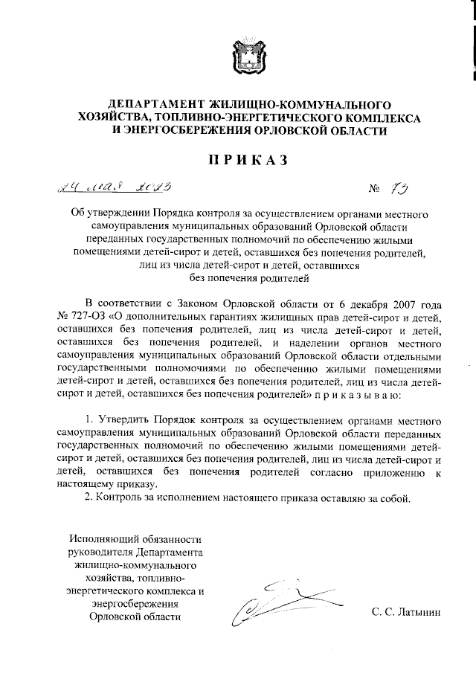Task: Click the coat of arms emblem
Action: click(237, 60)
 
